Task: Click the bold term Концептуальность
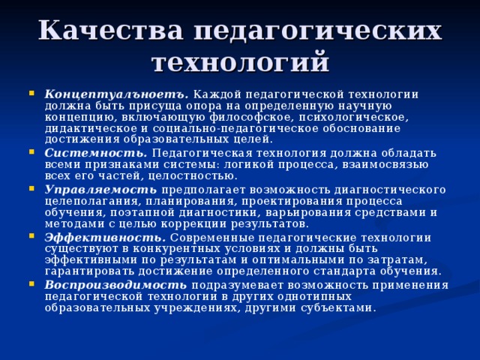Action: [x=116, y=94]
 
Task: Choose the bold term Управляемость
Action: [x=101, y=188]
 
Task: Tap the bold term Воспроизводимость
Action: [x=115, y=284]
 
